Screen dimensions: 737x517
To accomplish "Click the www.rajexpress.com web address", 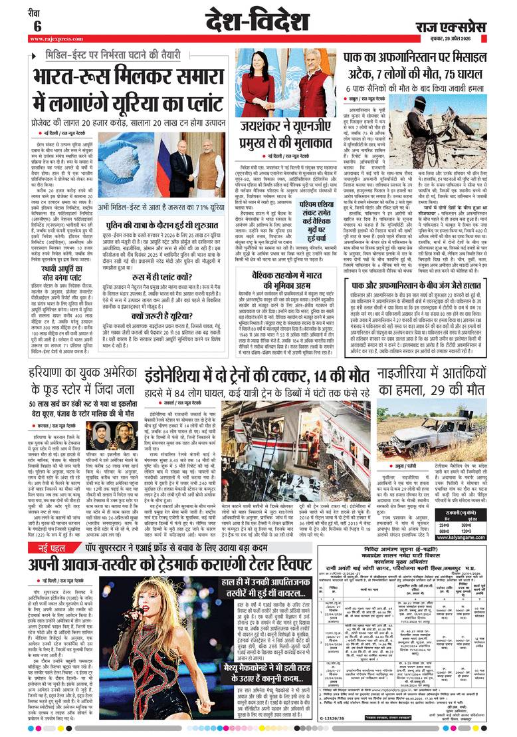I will coord(54,40).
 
